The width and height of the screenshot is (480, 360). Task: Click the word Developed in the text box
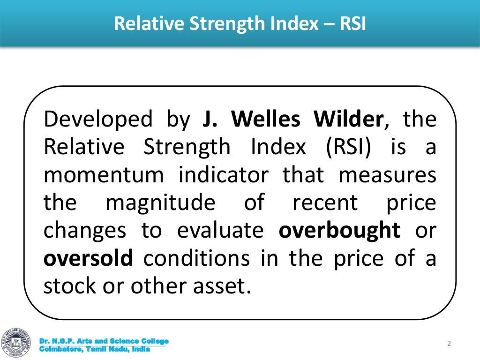(x=98, y=120)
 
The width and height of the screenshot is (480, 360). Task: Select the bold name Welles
(x=266, y=120)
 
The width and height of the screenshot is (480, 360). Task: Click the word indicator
(x=224, y=176)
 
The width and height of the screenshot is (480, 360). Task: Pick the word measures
(x=387, y=176)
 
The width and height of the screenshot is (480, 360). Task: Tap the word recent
(x=324, y=203)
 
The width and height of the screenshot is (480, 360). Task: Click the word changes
(x=85, y=231)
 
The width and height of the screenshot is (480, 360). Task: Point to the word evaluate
(x=223, y=231)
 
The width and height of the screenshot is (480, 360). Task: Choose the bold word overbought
(x=339, y=231)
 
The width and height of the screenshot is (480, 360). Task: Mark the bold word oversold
(x=89, y=259)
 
